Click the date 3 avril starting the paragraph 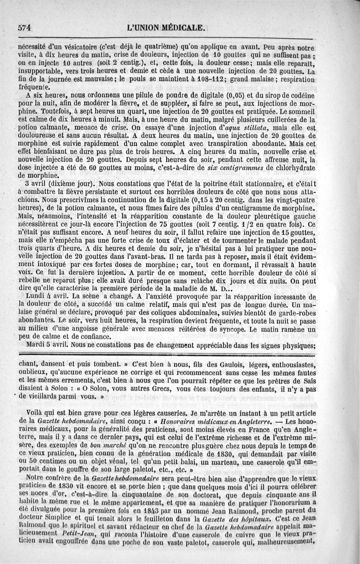click(x=36, y=184)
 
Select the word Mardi click(x=37, y=345)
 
